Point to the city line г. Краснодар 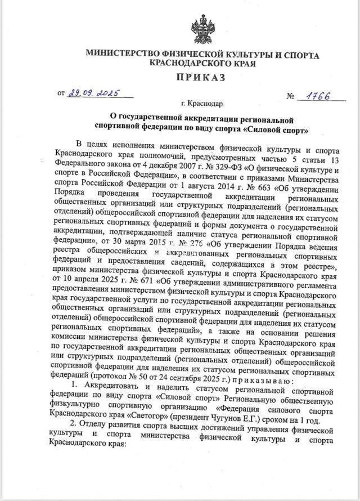pos(202,104)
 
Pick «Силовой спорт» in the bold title pos(279,131)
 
